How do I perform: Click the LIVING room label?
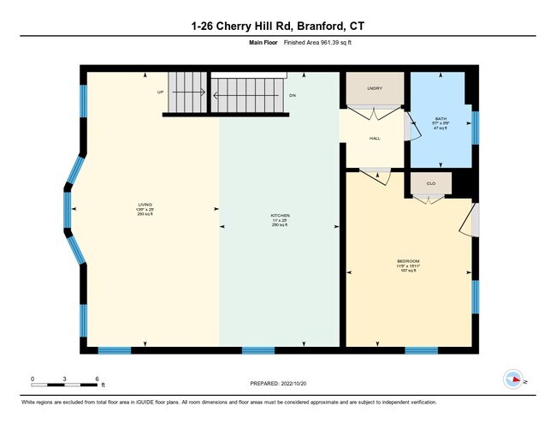click(x=145, y=205)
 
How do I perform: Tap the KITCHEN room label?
click(x=281, y=215)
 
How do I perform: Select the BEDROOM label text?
click(x=408, y=260)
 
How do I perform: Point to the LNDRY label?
click(x=374, y=88)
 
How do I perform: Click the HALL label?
click(x=374, y=138)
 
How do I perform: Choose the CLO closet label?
click(x=430, y=183)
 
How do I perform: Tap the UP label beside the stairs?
click(x=160, y=92)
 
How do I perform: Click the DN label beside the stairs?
click(x=292, y=96)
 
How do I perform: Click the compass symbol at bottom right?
click(x=513, y=379)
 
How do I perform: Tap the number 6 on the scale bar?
click(x=98, y=378)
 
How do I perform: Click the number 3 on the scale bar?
click(x=65, y=378)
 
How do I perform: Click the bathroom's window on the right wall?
click(x=476, y=125)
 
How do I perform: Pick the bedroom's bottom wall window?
click(x=421, y=350)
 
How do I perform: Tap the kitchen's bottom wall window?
click(x=258, y=350)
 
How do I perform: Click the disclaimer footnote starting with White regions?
click(x=228, y=403)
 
